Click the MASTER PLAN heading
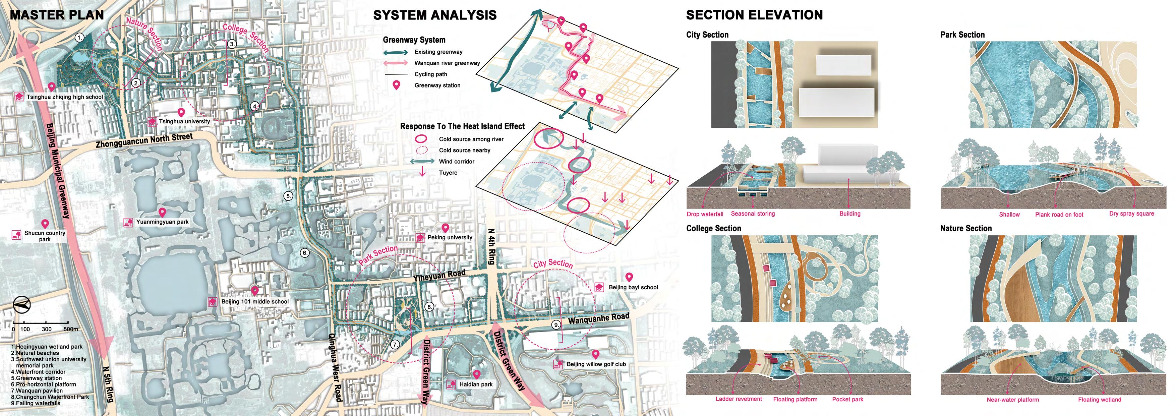click(57, 15)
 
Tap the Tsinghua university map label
click(184, 121)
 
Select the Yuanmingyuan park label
click(162, 222)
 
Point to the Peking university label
click(450, 237)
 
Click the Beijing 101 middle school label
click(255, 302)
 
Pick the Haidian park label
click(476, 384)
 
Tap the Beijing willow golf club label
click(596, 364)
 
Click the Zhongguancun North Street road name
click(144, 141)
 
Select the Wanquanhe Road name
click(598, 318)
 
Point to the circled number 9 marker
click(556, 325)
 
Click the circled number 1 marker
click(80, 38)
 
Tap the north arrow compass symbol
click(21, 305)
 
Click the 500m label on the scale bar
click(71, 329)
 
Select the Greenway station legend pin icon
click(397, 85)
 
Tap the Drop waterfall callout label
click(705, 214)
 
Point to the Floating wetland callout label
click(1099, 400)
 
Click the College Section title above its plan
click(713, 228)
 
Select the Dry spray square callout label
click(1131, 214)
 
